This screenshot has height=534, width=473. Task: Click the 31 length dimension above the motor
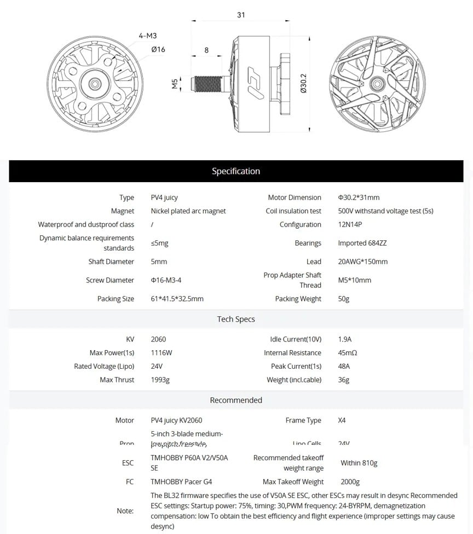241,15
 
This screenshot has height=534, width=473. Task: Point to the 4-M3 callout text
148,36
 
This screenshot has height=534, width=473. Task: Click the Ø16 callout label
158,49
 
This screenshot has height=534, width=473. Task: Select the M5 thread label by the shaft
175,84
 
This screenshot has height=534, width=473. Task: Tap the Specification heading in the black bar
236,171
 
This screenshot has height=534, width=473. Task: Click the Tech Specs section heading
236,319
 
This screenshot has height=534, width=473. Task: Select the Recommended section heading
236,400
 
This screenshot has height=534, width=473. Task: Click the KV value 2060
158,339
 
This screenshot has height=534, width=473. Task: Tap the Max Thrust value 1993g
160,380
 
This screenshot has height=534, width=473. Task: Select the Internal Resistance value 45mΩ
348,353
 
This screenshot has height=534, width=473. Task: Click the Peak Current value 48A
344,367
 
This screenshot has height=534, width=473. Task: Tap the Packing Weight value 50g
344,299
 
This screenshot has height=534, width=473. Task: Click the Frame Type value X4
342,420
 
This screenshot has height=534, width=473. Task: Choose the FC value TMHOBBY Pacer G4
181,482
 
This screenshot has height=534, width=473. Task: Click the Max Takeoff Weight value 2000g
350,482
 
